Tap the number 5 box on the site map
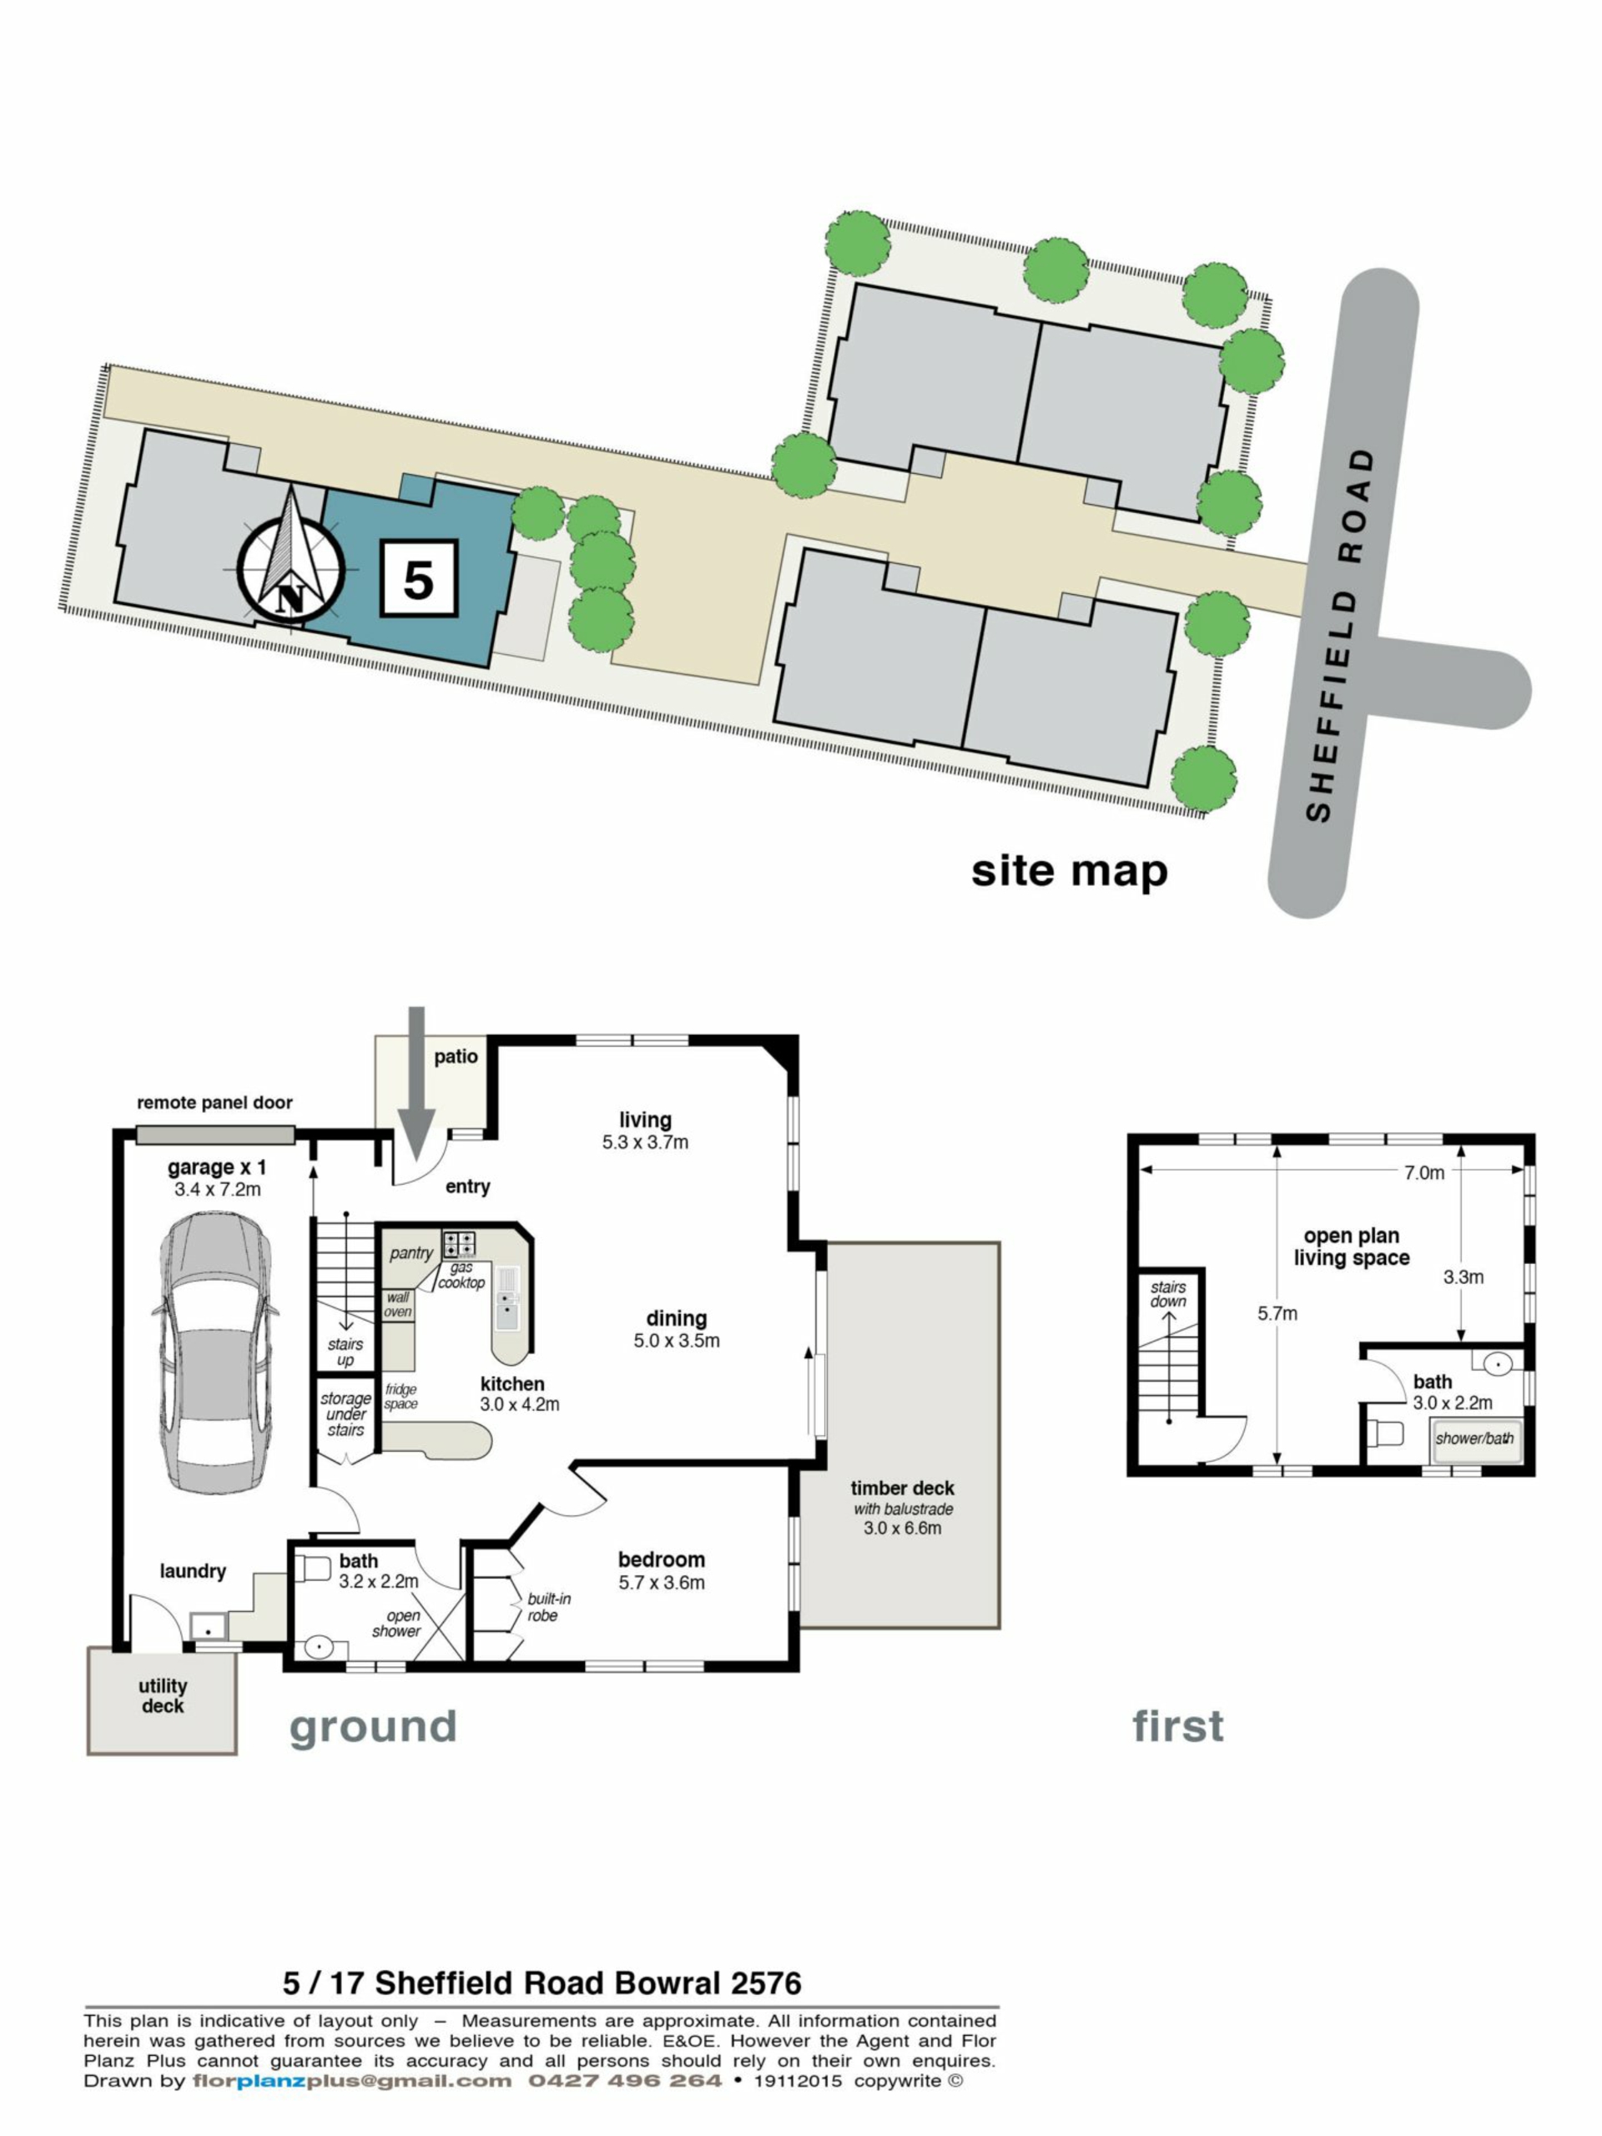(418, 577)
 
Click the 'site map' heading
(1069, 871)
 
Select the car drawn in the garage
(214, 1352)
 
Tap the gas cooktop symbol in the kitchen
(459, 1242)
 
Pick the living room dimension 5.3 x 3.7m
(644, 1142)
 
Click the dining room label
(676, 1318)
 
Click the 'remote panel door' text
(214, 1103)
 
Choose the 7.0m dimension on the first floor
(1423, 1173)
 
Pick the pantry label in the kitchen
(411, 1254)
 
